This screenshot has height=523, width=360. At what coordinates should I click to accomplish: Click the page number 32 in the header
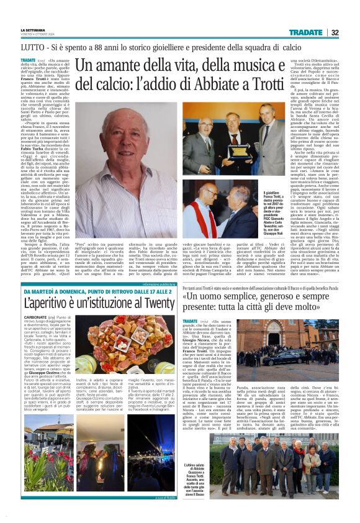tap(334, 32)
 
